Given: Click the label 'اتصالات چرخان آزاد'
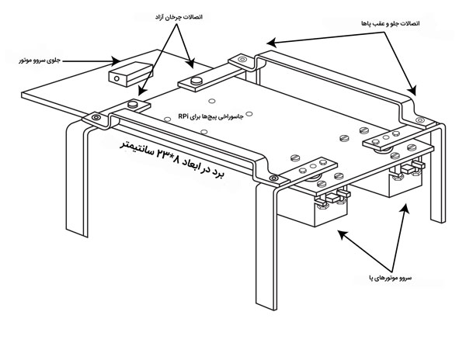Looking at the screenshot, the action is [x=179, y=17].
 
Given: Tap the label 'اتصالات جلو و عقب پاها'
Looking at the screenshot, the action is [x=391, y=23].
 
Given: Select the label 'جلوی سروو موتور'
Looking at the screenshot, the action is [x=40, y=61].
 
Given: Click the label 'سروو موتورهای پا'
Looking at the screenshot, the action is [x=390, y=278].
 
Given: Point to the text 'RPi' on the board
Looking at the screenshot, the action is [x=183, y=116].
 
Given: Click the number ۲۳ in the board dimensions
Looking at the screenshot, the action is [x=165, y=154].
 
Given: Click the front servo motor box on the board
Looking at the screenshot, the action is [x=130, y=74].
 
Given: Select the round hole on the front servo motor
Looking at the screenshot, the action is [x=116, y=78].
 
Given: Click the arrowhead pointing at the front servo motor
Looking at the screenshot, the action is [x=116, y=61].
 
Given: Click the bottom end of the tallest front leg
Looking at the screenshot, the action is [x=266, y=306].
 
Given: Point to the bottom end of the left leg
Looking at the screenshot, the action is [x=77, y=233].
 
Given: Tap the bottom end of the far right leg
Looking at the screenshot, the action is [x=438, y=220].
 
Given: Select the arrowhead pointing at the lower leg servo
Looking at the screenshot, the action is [x=343, y=235].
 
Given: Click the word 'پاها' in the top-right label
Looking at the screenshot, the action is [x=367, y=23].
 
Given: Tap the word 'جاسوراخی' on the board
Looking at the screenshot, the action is [x=234, y=116].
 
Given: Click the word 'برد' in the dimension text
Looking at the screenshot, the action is [x=217, y=174].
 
